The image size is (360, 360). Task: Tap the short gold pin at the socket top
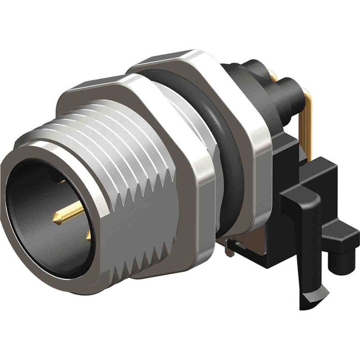61,182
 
